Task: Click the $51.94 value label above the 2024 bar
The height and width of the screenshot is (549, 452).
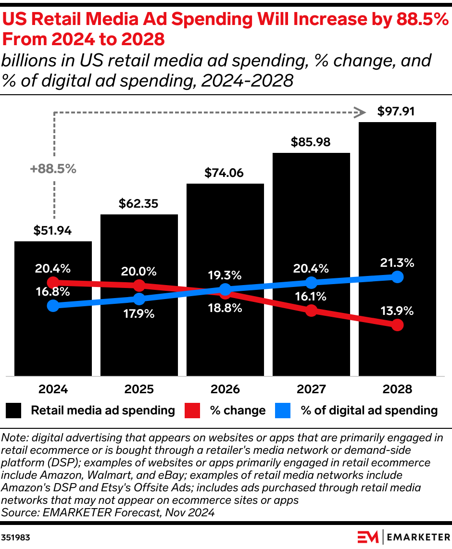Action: tap(53, 230)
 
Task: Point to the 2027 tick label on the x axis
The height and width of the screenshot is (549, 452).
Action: tap(311, 389)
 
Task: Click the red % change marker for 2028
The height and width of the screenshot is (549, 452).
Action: tap(397, 325)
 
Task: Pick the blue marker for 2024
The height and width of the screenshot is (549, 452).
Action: tap(53, 305)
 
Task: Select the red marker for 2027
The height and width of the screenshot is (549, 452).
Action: tap(311, 310)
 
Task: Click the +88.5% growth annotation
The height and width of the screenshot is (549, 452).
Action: tap(53, 169)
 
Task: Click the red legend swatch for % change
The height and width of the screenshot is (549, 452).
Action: tap(192, 411)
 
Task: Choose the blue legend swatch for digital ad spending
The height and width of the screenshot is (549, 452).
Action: tap(283, 411)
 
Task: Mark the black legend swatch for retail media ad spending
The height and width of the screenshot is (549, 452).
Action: tap(14, 411)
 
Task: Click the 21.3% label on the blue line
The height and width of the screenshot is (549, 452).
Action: tap(397, 263)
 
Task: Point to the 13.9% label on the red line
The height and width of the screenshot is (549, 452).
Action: tap(397, 311)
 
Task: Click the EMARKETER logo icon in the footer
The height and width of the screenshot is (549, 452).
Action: tap(368, 537)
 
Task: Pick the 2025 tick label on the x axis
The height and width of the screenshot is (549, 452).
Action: tap(139, 389)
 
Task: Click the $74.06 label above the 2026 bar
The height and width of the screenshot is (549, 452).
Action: tap(225, 173)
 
